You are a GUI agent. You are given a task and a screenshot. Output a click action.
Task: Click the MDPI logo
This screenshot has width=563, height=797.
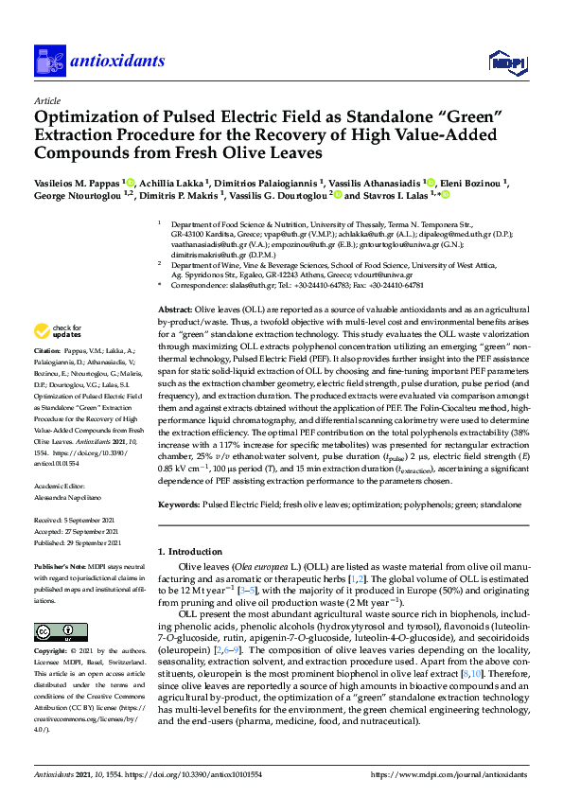[x=502, y=62]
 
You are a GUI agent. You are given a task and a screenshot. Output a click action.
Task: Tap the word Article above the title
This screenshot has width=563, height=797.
[x=47, y=99]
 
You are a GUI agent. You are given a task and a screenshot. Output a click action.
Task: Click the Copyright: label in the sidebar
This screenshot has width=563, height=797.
[x=54, y=652]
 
